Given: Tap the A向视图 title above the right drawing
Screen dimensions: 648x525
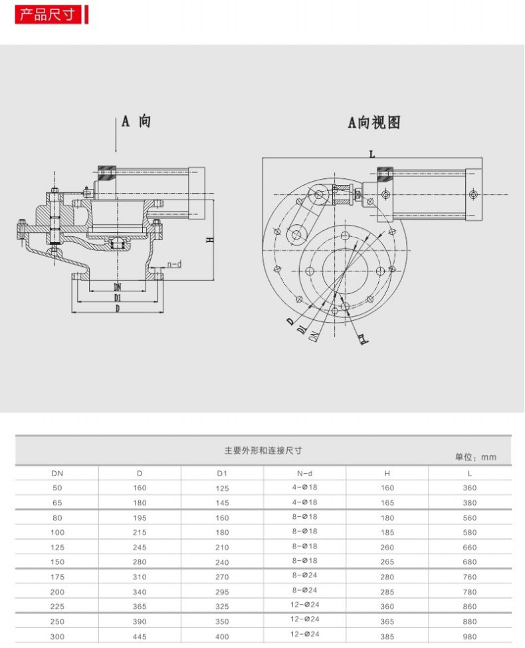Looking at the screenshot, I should point(373,122).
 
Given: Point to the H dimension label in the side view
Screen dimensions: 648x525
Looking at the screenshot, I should point(210,240).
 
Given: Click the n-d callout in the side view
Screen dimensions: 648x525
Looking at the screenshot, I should point(174,264).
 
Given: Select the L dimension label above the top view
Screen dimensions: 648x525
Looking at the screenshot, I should point(372,154).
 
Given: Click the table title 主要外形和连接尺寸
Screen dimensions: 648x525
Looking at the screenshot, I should point(263,450).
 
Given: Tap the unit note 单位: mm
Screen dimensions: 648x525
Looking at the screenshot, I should point(475,457).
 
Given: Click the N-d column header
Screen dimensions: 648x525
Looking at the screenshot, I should point(304,473).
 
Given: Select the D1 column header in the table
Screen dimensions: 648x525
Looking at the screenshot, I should point(222,474).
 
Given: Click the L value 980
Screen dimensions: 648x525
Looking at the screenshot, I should point(471,637).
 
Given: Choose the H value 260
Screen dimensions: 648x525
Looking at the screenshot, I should point(387,547).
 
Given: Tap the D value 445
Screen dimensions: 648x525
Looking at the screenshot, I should point(140,637).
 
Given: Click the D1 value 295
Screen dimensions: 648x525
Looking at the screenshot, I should point(222,591).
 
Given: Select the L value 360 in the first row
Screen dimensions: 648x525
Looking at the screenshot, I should point(471,488).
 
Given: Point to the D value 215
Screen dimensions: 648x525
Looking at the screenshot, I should point(140,532).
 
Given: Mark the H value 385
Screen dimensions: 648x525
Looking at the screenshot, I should point(387,637).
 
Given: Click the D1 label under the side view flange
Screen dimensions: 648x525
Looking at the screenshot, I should point(117,297).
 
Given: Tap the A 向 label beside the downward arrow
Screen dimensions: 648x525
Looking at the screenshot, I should point(136,121).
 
